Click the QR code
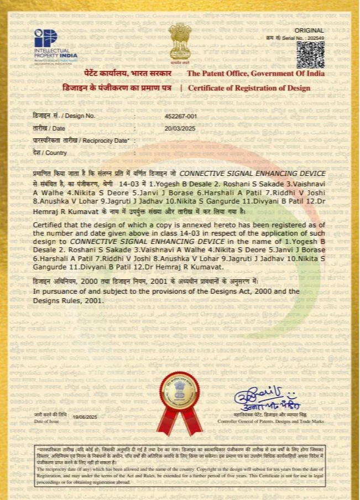click(x=310, y=54)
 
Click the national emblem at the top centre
click(x=180, y=42)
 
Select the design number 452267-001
click(x=181, y=116)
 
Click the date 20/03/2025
click(x=180, y=128)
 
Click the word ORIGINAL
click(x=309, y=30)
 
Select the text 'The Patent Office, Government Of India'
click(x=263, y=74)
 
